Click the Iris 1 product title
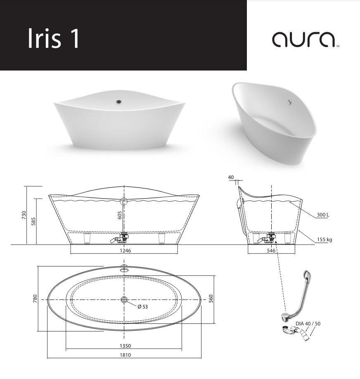54,38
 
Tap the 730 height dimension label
24,215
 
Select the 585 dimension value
33,221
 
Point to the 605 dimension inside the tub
120,215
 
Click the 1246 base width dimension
126,251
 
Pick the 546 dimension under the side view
271,251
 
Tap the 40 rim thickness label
231,177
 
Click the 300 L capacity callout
323,214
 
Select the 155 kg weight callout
324,240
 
